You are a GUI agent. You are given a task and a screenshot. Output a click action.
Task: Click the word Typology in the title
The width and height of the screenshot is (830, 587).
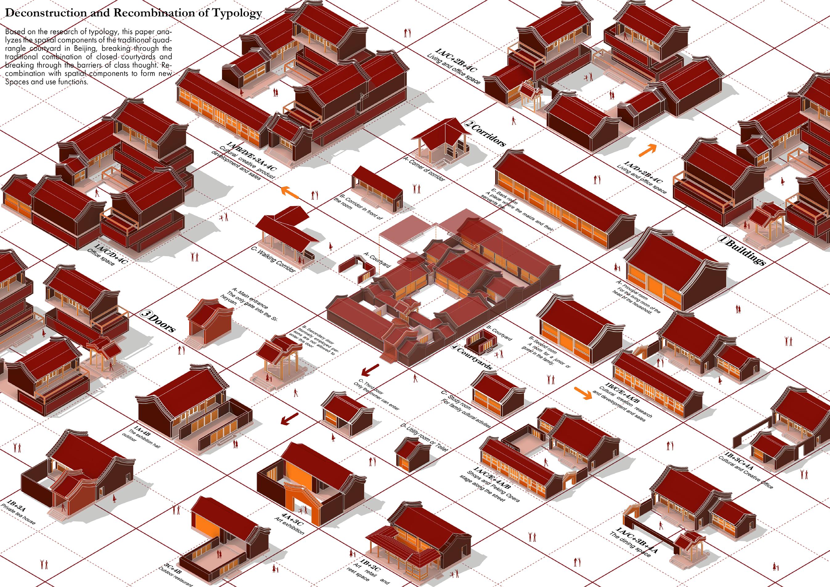(x=237, y=13)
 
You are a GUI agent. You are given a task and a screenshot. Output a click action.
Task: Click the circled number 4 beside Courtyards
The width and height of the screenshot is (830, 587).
(x=455, y=347)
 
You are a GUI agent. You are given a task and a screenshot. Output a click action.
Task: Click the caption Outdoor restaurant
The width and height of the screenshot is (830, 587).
(x=176, y=577)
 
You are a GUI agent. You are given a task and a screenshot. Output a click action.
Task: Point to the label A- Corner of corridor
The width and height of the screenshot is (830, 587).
(x=424, y=169)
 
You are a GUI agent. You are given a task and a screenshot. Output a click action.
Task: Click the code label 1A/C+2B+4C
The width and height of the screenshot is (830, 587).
(x=456, y=60)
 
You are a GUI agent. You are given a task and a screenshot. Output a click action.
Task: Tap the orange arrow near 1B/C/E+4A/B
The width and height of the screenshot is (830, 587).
(x=583, y=393)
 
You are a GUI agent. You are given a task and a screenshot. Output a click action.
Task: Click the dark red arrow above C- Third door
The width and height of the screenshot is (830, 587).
(x=370, y=369)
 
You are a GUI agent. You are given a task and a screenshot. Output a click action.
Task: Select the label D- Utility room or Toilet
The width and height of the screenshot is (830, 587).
(x=425, y=437)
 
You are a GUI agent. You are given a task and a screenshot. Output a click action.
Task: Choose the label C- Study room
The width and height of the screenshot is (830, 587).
(x=456, y=399)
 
